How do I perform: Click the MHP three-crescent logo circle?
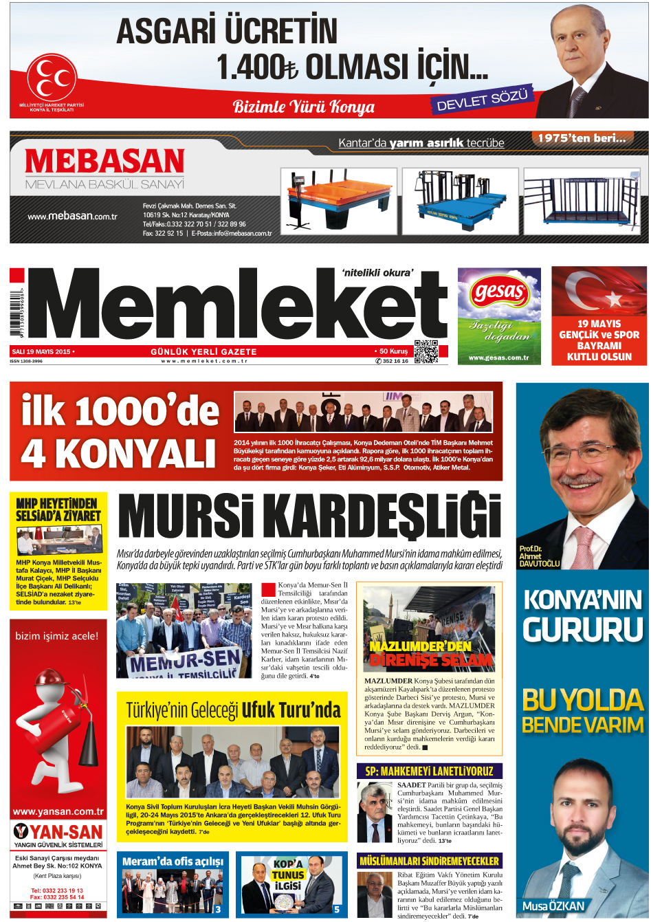[x=52, y=77]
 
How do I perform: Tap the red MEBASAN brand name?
[x=104, y=162]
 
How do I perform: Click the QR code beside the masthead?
[x=426, y=351]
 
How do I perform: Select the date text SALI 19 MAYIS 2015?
[x=41, y=351]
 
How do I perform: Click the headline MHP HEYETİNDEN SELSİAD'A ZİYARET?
[x=58, y=509]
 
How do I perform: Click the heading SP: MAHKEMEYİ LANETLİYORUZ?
[x=429, y=771]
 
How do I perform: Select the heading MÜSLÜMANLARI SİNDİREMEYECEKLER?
[x=429, y=861]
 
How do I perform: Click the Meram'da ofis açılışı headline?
[x=173, y=861]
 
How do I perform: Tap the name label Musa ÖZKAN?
[x=553, y=906]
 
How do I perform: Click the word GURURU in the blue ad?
[x=583, y=630]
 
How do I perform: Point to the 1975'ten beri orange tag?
[x=582, y=138]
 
